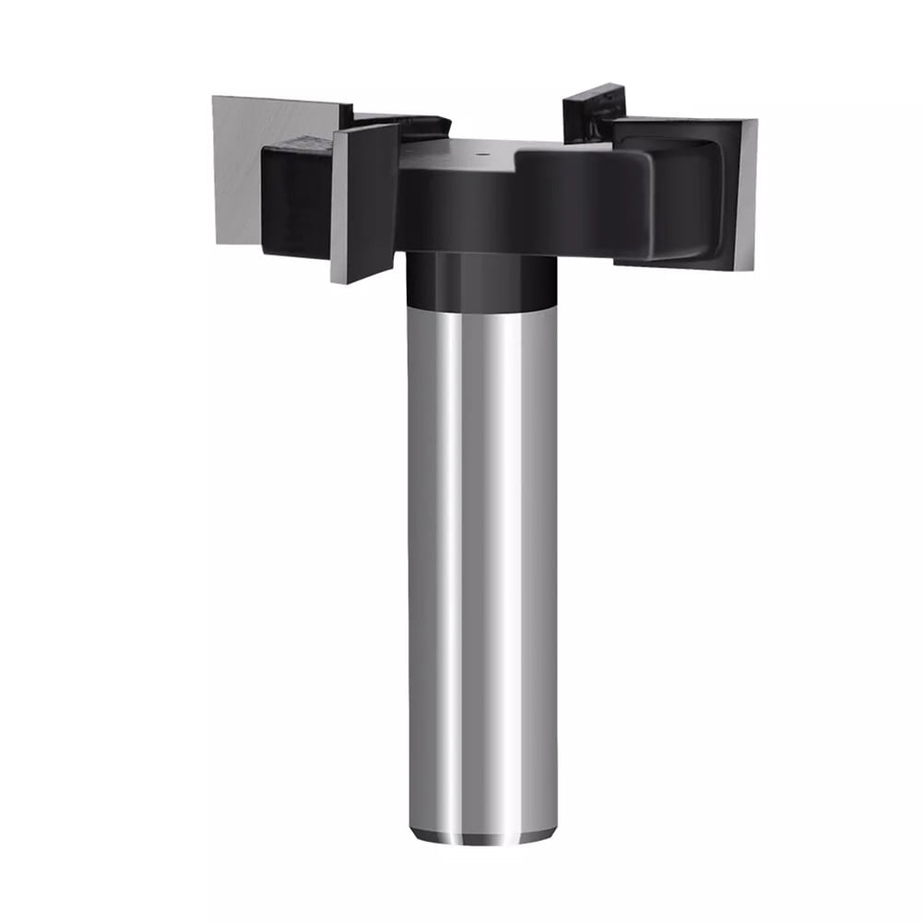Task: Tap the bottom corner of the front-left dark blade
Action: coord(337,279)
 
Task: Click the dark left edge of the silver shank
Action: coord(414,553)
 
